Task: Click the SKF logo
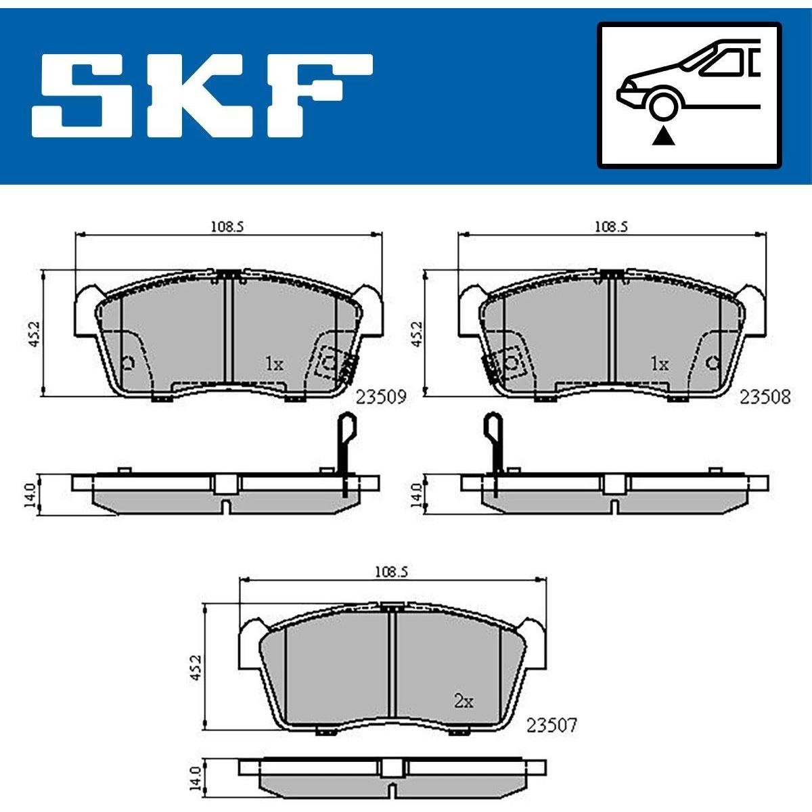(202, 95)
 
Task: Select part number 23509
(381, 397)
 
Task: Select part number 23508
(765, 397)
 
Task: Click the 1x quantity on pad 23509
(274, 363)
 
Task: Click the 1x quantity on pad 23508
(660, 363)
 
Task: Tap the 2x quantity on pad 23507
(464, 702)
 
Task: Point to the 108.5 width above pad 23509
(227, 227)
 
